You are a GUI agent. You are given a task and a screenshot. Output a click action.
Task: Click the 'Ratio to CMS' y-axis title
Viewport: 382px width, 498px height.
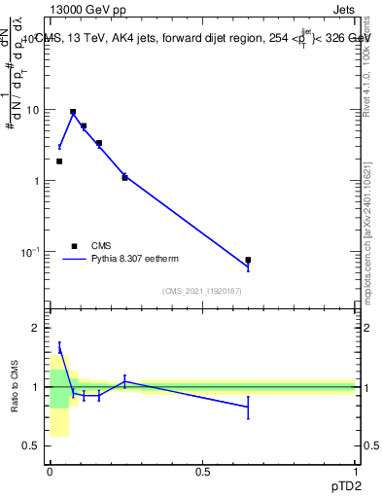pyautogui.click(x=15, y=387)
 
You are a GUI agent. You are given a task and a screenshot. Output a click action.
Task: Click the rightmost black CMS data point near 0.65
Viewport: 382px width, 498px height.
pyautogui.click(x=248, y=260)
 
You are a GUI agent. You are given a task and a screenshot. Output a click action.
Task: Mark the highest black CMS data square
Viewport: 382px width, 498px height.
pyautogui.click(x=73, y=112)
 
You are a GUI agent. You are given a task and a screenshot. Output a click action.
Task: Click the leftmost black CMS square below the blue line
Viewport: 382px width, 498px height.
pyautogui.click(x=59, y=161)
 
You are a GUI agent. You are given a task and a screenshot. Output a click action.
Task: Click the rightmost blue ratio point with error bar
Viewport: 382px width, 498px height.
pyautogui.click(x=248, y=407)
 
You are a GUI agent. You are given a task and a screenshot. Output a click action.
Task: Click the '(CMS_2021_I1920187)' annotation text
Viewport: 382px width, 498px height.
pyautogui.click(x=201, y=291)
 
